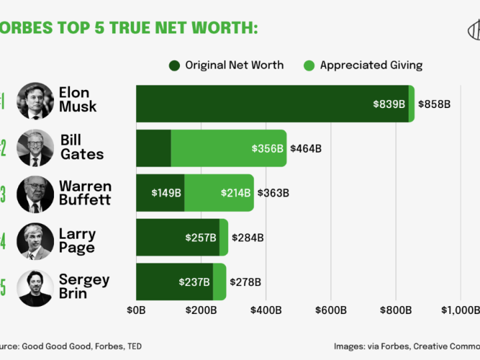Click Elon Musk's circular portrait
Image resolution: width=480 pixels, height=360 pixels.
click(35, 101)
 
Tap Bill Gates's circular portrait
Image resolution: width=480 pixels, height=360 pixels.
click(35, 148)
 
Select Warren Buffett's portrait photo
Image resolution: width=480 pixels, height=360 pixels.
click(35, 194)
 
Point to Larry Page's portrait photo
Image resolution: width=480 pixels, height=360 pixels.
click(35, 241)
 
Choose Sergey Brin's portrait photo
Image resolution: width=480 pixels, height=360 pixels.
click(35, 288)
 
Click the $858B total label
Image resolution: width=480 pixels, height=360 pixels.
click(434, 104)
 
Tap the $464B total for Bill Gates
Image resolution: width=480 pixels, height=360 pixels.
click(306, 149)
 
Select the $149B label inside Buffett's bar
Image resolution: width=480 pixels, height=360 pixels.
click(166, 193)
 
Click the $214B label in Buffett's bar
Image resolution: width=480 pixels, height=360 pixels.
click(236, 193)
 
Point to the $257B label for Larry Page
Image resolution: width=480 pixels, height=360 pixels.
click(201, 237)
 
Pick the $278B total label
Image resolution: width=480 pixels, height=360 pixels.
click(245, 282)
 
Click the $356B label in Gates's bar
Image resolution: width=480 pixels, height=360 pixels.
click(267, 149)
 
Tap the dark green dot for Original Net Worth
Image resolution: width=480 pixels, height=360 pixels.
click(175, 65)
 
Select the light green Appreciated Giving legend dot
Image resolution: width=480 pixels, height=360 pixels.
click(309, 65)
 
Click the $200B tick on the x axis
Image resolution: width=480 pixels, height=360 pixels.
click(201, 310)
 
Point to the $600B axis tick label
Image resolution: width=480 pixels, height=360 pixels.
click(331, 310)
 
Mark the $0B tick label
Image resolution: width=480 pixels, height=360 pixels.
click(136, 310)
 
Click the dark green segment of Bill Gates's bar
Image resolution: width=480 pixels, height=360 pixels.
click(154, 148)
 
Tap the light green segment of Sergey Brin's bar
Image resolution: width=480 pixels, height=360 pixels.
click(220, 281)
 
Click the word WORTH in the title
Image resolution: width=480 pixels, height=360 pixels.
click(225, 28)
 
